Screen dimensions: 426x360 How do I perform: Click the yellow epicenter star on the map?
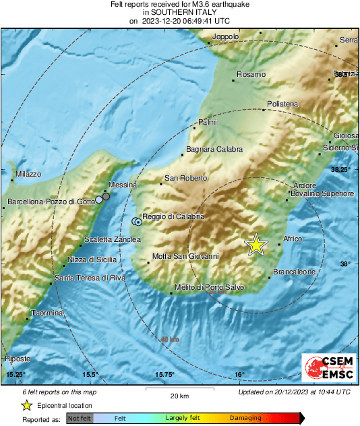[x=256, y=245]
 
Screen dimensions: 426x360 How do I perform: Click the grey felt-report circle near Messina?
[x=106, y=196]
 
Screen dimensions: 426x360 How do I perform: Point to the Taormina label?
[x=47, y=313]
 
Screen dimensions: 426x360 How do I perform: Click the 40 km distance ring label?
[x=169, y=340]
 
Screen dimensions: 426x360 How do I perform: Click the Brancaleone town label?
[x=295, y=272]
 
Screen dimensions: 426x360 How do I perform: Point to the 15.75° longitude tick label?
[x=164, y=374]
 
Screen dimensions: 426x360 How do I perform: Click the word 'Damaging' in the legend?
[x=245, y=419]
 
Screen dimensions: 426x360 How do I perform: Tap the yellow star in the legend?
[x=26, y=405]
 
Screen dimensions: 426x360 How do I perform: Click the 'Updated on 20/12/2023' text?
[x=294, y=392]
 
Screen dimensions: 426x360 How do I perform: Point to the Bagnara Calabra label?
[x=214, y=150]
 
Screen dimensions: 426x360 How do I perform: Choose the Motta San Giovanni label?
[x=185, y=256]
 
